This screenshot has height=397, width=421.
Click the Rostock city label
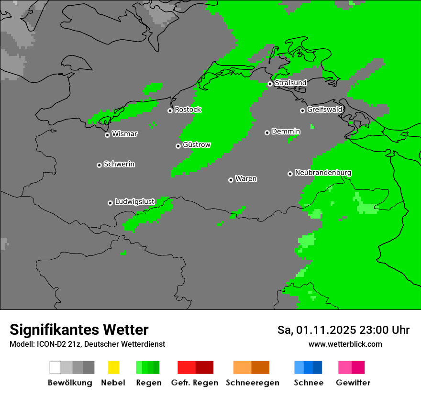coord(188,110)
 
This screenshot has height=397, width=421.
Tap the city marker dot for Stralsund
coord(270,84)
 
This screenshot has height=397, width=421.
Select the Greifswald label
coord(324,110)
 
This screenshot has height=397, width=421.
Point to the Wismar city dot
coord(107,135)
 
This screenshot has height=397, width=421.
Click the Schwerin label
coord(119,164)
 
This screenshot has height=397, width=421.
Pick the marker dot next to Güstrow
coord(178,146)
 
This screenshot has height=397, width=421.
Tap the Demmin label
coord(286,131)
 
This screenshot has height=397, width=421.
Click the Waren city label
coord(246,179)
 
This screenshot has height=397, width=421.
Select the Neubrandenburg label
coord(323,173)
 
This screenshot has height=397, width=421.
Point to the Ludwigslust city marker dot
coord(110,203)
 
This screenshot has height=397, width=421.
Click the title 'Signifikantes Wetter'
coord(79,330)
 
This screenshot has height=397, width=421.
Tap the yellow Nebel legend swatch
coord(113,367)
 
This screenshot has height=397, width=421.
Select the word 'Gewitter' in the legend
coord(353,383)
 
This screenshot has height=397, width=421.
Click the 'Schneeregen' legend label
coord(253,383)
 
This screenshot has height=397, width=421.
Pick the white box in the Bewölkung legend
coord(55,367)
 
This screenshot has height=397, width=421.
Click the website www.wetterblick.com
coord(345,344)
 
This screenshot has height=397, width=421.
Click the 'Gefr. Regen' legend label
coord(194,383)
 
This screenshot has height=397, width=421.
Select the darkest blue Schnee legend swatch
coord(318,367)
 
